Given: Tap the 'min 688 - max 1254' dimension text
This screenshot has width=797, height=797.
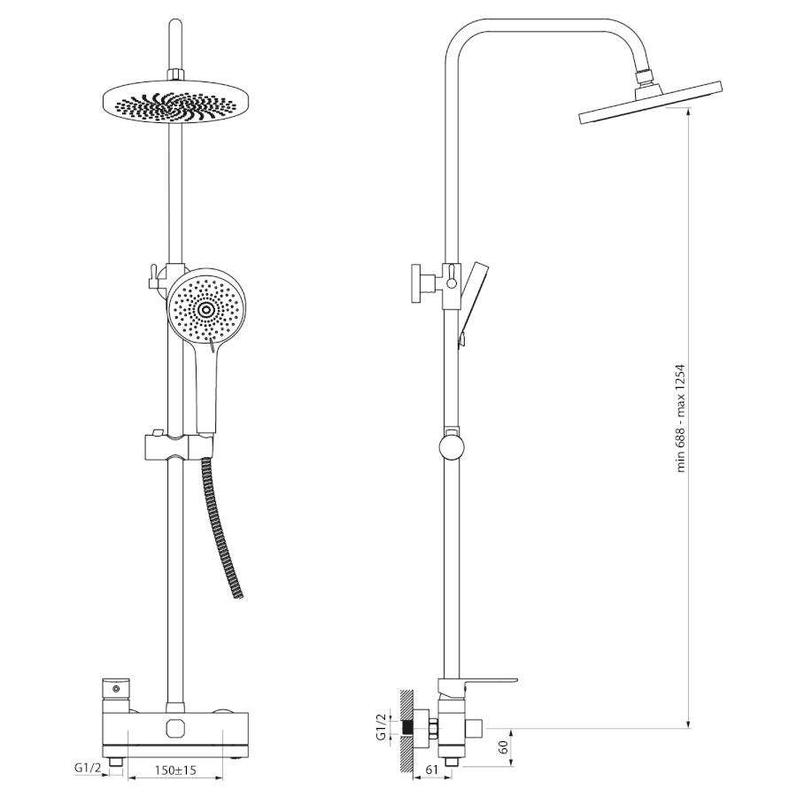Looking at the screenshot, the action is pyautogui.click(x=682, y=418).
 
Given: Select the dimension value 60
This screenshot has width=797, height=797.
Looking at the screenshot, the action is pyautogui.click(x=504, y=747).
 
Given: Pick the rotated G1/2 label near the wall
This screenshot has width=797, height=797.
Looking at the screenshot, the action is pyautogui.click(x=382, y=727).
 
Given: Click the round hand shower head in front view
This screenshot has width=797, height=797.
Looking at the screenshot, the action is pyautogui.click(x=206, y=308).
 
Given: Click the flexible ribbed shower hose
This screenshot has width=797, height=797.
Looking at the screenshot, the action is pyautogui.click(x=224, y=529).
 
